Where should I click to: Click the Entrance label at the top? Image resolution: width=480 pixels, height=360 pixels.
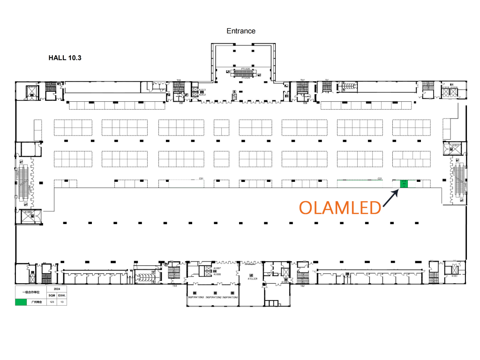(241, 31)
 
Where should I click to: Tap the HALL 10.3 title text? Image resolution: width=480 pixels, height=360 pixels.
(65, 58)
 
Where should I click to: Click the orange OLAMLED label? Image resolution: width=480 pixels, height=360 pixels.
(340, 207)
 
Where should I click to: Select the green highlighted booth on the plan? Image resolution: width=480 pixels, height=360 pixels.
(403, 184)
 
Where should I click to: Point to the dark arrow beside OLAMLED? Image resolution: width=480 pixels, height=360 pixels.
(390, 198)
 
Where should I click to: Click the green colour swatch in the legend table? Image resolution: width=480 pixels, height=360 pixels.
(21, 302)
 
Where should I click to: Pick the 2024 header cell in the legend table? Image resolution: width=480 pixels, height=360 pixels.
(57, 289)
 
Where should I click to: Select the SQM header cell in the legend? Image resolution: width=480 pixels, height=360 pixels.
(52, 296)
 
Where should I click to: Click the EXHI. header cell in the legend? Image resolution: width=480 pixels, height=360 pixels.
(62, 296)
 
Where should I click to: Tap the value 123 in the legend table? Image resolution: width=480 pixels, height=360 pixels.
(52, 302)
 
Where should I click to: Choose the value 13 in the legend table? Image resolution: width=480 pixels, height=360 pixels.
(62, 302)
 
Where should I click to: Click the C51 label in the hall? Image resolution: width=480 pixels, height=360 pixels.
(201, 179)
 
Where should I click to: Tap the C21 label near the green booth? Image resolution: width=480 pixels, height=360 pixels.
(380, 179)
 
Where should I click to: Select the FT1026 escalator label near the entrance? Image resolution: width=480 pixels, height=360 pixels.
(246, 68)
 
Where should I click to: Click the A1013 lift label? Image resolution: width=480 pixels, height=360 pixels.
(202, 90)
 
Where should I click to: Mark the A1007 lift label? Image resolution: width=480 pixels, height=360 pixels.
(217, 269)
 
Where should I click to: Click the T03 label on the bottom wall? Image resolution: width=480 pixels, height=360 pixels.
(174, 285)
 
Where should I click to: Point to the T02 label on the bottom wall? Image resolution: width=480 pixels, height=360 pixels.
(302, 285)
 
